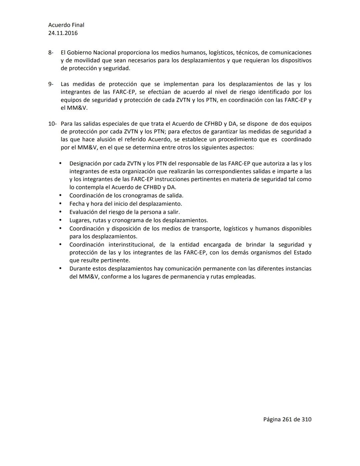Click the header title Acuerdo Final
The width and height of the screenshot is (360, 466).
click(66, 25)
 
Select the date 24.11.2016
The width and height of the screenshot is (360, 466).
click(63, 33)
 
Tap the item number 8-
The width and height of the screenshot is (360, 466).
click(51, 53)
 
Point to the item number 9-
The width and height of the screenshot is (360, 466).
click(51, 84)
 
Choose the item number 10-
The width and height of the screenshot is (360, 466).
click(52, 124)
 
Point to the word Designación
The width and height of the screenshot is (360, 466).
click(85, 163)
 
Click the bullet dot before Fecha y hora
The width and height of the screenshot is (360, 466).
click(60, 203)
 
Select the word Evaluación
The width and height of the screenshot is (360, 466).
click(83, 212)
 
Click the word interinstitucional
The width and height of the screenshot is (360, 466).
click(131, 245)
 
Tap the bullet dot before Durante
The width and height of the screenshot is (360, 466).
click(60, 269)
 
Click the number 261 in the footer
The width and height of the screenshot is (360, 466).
click(287, 419)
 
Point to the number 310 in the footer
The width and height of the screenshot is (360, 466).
click(306, 419)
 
